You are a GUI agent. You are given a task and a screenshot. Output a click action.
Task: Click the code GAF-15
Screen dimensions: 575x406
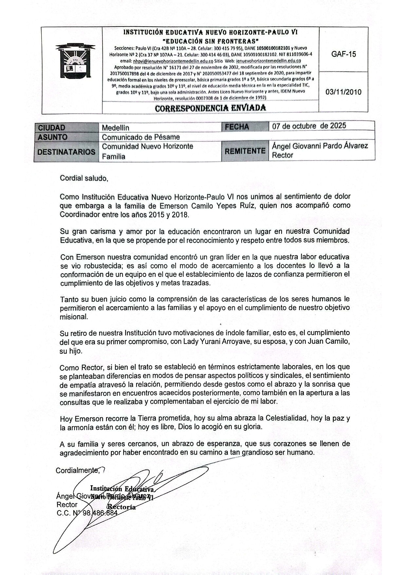[x=343, y=54]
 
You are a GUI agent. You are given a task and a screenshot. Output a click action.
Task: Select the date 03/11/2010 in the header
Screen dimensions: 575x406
[x=343, y=92]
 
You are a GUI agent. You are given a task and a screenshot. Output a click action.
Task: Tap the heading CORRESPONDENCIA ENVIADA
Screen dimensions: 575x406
[x=211, y=108]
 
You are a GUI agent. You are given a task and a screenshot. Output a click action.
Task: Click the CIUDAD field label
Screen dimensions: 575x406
[x=51, y=128]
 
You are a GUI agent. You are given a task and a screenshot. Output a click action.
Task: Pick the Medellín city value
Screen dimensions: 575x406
[x=115, y=128]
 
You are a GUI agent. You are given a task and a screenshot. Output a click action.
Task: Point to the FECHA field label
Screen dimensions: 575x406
[x=237, y=127]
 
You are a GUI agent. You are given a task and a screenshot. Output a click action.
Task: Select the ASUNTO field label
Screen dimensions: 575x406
[x=52, y=137]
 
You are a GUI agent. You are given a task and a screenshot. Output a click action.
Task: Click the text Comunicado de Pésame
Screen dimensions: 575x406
[x=141, y=137]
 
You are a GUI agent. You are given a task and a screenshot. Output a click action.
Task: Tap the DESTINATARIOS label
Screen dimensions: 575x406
[x=66, y=152]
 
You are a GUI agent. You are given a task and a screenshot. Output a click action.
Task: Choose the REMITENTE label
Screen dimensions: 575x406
[x=245, y=151]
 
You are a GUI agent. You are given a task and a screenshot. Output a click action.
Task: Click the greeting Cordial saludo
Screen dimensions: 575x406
[x=84, y=179]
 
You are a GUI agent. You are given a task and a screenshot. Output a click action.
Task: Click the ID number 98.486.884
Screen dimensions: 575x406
[x=100, y=513]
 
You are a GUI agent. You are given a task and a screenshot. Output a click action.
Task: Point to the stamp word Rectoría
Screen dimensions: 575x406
[x=122, y=507]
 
